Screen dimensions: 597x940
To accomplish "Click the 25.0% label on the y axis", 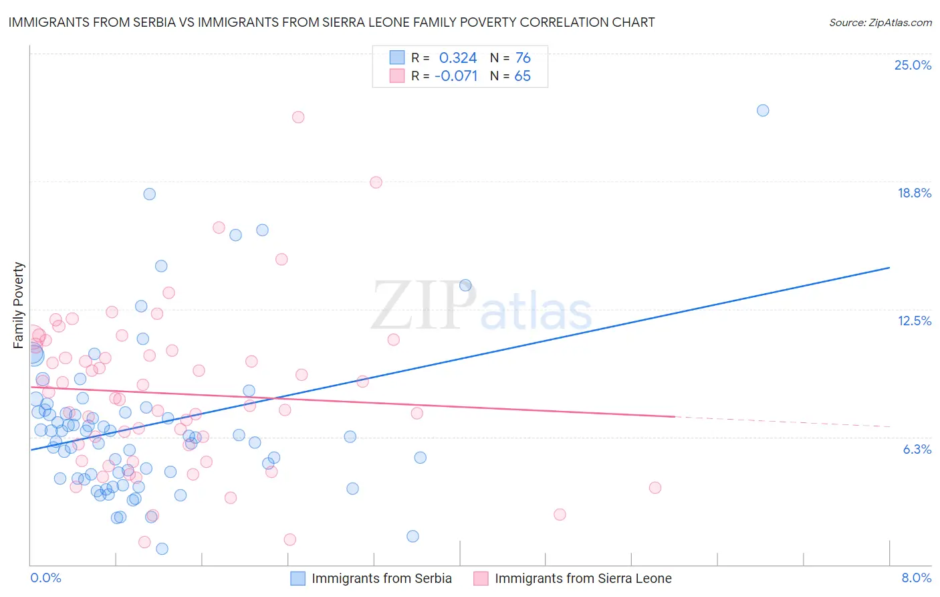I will [x=913, y=65].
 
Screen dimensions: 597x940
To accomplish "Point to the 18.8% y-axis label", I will [x=914, y=193].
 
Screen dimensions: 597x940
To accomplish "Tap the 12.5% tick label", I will [x=914, y=321].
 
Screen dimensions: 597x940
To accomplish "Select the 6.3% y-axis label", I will [x=917, y=449].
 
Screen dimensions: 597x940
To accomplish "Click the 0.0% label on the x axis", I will [x=45, y=578].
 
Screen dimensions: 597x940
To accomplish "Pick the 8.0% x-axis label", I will [x=916, y=578].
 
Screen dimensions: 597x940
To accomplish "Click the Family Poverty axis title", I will [x=19, y=305].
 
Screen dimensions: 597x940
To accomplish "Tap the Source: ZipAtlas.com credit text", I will [x=880, y=23].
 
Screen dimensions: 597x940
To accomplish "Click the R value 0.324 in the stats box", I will [x=458, y=58].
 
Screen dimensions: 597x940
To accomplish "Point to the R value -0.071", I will [x=456, y=76].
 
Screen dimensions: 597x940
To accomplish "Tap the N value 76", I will [x=523, y=58].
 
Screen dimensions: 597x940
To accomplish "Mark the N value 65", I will [x=522, y=76].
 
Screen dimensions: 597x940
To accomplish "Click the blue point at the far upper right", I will [x=763, y=110].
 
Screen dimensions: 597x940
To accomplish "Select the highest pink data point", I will [x=298, y=117].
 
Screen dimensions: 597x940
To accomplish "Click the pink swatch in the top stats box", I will [x=397, y=76].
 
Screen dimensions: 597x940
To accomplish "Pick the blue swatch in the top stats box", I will [x=397, y=58].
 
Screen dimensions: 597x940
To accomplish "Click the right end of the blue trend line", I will [x=889, y=268].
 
